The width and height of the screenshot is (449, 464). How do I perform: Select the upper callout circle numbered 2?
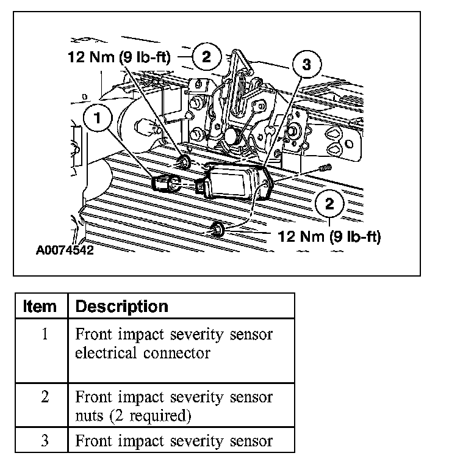pyautogui.click(x=206, y=57)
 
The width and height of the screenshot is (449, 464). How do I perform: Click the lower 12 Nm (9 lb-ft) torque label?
pyautogui.click(x=329, y=237)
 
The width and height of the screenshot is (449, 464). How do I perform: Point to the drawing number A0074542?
pyautogui.click(x=65, y=250)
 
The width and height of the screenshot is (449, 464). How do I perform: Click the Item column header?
pyautogui.click(x=40, y=306)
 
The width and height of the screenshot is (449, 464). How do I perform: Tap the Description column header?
pyautogui.click(x=121, y=306)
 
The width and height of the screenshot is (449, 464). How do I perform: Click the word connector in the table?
pyautogui.click(x=182, y=353)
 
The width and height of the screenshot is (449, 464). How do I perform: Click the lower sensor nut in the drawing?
pyautogui.click(x=216, y=230)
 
